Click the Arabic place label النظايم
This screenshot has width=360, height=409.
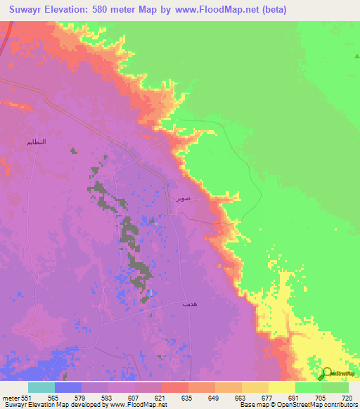[x=36, y=142]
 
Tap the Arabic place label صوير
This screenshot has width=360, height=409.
[x=182, y=200]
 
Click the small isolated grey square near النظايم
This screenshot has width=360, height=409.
[x=73, y=149]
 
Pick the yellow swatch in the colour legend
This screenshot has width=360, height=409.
[x=281, y=387]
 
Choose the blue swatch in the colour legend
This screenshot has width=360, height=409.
[x=67, y=387]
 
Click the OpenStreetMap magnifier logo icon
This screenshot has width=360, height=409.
[x=328, y=373]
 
